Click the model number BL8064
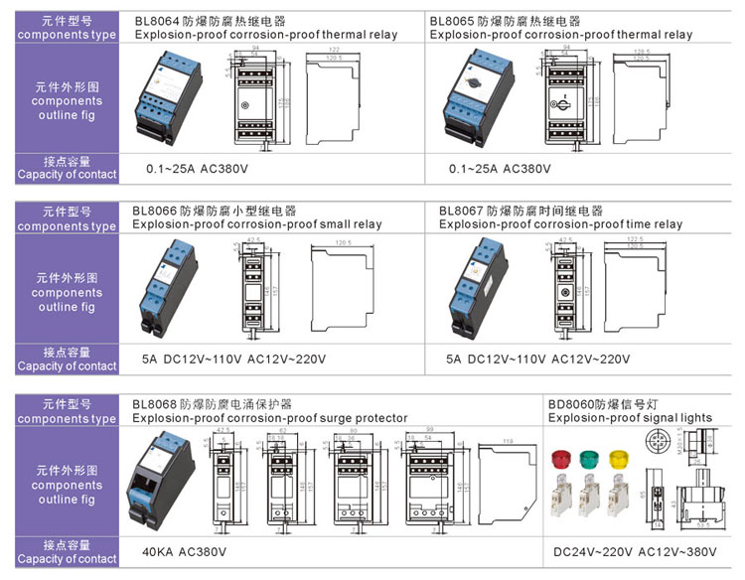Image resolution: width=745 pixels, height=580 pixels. point(157,20)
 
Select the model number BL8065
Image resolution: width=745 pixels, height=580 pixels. point(452,20)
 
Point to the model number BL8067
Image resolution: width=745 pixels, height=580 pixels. point(461,212)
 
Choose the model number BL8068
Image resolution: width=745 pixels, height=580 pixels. point(154,404)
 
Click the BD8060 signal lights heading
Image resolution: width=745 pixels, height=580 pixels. point(571,404)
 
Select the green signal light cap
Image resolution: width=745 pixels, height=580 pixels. point(591,459)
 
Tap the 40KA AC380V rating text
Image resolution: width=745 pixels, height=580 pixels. point(185,551)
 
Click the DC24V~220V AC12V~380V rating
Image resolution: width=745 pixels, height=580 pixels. point(633,551)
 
